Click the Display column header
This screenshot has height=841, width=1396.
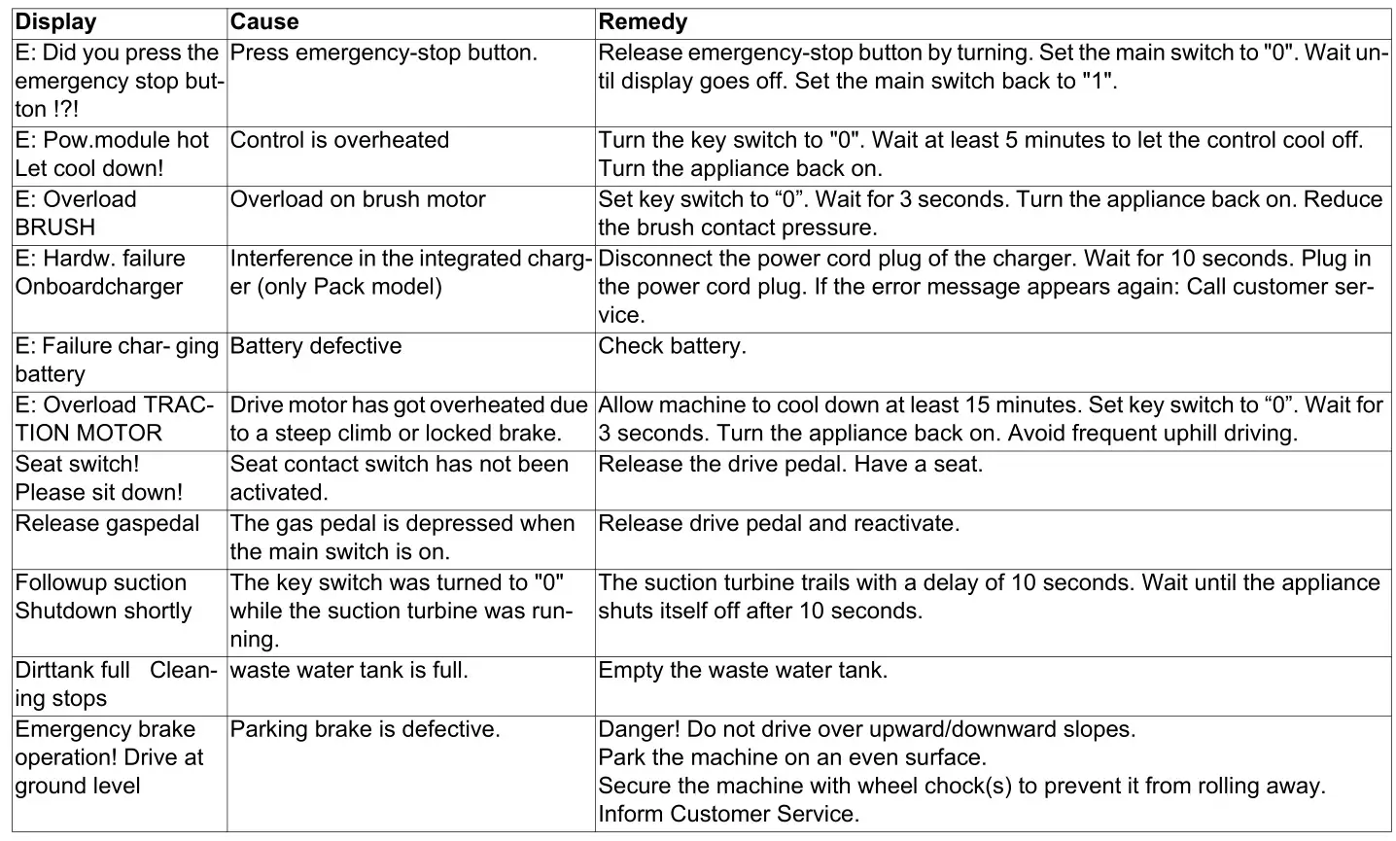point(55,22)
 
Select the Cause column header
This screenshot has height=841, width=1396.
point(264,22)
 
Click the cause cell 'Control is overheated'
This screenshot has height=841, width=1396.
point(339,140)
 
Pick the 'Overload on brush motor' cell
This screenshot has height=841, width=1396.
point(357,200)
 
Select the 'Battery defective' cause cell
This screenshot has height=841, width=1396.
point(315,346)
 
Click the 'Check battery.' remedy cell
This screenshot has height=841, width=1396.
point(672,346)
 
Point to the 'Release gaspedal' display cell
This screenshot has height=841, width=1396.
point(107,524)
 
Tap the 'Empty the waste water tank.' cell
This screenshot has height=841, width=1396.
point(743,671)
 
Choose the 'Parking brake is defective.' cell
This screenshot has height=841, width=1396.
point(365,730)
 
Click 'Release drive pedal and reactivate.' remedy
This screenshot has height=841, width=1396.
point(779,524)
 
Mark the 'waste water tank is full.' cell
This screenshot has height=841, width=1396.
point(348,671)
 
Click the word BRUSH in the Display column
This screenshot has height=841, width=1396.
point(54,228)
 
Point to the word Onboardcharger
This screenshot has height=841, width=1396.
point(98,288)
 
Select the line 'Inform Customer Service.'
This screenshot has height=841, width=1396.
point(728,815)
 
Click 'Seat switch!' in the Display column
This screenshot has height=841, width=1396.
point(77,465)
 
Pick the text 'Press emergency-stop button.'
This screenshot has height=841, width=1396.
point(383,53)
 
